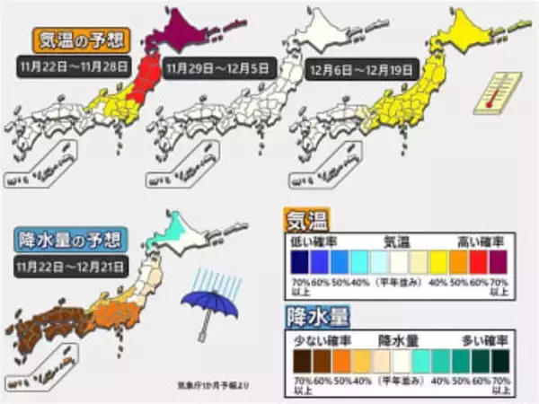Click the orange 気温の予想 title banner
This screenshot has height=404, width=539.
81,40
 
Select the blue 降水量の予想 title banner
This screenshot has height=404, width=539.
66,240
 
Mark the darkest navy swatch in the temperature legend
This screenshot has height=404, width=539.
298,260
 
